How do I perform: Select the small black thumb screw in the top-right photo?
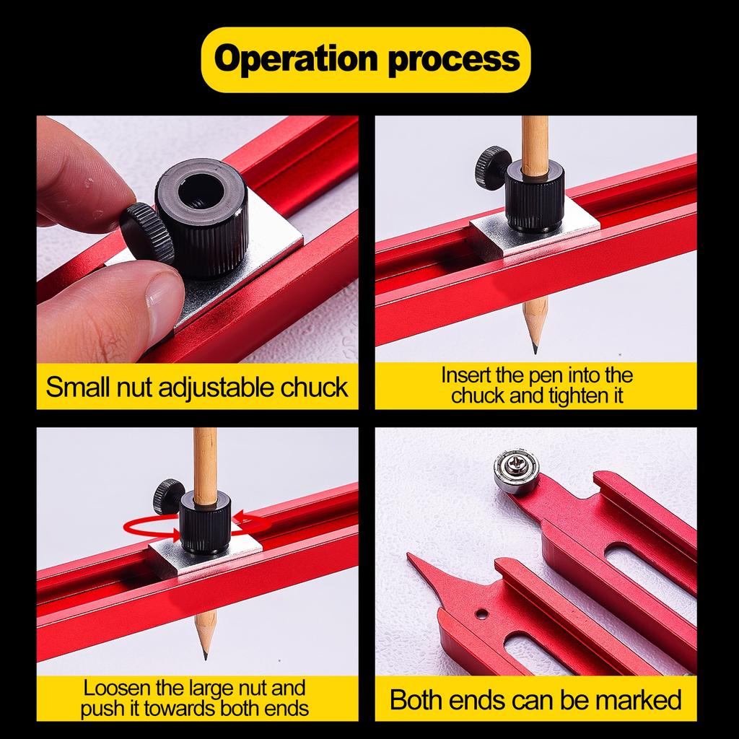(x=492, y=167)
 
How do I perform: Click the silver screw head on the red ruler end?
(x=516, y=470)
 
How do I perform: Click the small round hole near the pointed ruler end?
(x=481, y=615)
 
